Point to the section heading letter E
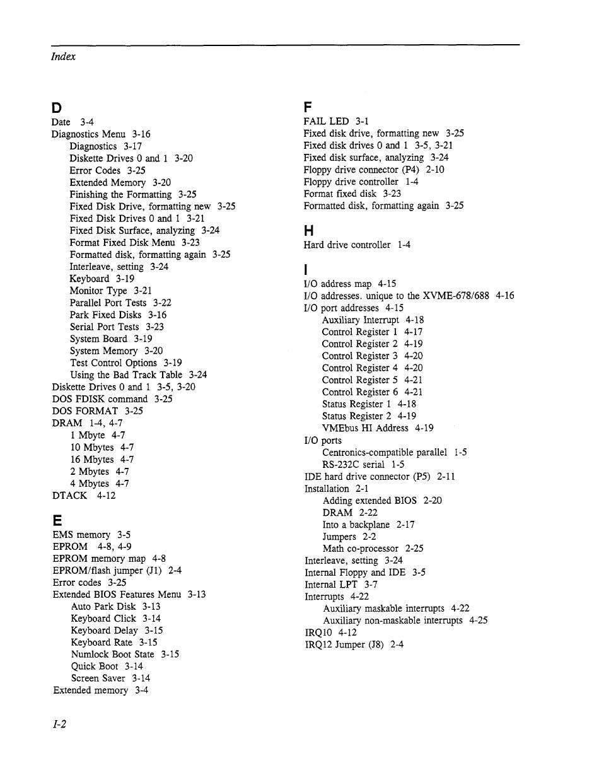pos(57,520)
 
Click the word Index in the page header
pos(63,56)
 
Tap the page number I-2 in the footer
pos(60,725)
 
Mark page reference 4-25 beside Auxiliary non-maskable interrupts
pos(479,620)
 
